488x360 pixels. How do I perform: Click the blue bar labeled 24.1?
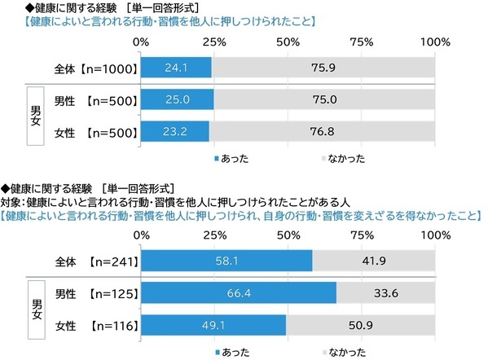tap(175, 69)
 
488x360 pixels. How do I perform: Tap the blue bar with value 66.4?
tap(238, 292)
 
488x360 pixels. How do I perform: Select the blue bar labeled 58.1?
tap(226, 261)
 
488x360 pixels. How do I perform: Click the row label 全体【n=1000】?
tap(90, 69)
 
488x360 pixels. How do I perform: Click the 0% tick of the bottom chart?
tap(140, 235)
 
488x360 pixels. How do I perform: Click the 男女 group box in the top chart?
tap(36, 115)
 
